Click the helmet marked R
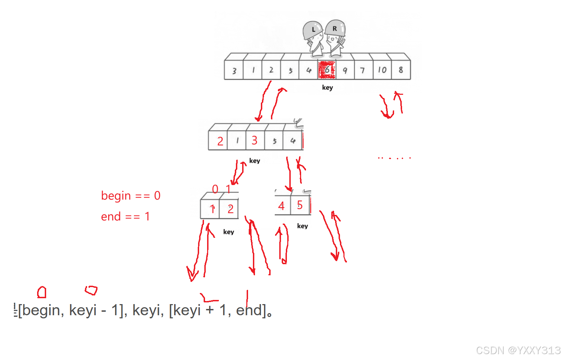(335, 28)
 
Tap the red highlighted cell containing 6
(327, 70)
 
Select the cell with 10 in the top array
(382, 70)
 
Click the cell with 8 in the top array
(401, 70)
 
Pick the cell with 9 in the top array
(345, 70)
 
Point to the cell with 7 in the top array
(363, 70)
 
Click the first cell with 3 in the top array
(234, 70)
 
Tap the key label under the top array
(327, 87)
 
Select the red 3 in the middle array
(254, 140)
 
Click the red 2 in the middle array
(220, 141)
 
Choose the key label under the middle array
(255, 161)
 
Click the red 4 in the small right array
(281, 206)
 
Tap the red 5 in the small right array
(300, 205)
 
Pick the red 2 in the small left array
(230, 209)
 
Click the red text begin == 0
(130, 196)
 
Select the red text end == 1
(125, 217)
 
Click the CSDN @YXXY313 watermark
(518, 350)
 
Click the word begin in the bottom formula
(41, 310)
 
